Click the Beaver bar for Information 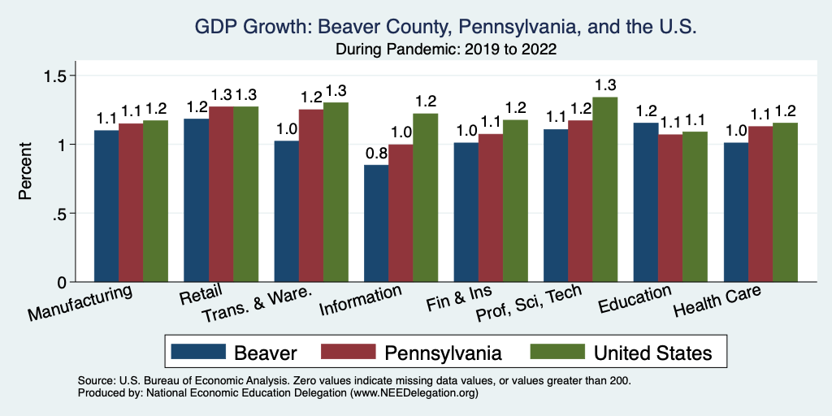tap(376, 223)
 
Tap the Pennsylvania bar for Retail tap(221, 194)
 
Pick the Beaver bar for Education tap(645, 202)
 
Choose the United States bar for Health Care tap(785, 202)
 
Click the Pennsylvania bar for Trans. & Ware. tap(310, 196)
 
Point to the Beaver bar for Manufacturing tap(106, 206)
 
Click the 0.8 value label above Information tap(375, 152)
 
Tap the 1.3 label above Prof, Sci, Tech tap(605, 84)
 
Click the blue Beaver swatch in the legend tap(197, 352)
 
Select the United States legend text tap(652, 353)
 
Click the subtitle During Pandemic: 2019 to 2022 tap(446, 50)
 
